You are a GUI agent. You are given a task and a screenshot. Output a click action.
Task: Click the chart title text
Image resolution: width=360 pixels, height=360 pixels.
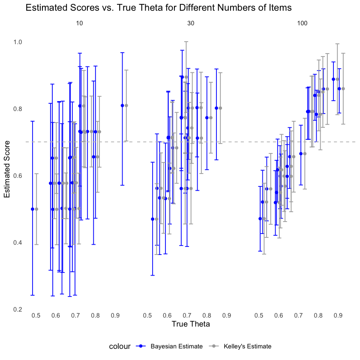click(159, 8)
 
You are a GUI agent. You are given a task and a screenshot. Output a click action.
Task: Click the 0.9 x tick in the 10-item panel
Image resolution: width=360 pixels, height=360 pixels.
click(115, 316)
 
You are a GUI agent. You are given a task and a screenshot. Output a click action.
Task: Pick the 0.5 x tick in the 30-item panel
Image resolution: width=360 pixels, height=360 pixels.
click(147, 316)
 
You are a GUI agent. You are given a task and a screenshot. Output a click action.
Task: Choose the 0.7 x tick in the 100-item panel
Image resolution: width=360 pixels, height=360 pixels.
click(298, 316)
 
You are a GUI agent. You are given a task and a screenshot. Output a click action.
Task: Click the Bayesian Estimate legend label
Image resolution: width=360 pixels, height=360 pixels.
click(171, 346)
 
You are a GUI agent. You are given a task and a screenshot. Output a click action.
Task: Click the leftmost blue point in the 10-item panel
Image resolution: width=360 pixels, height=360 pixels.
click(33, 209)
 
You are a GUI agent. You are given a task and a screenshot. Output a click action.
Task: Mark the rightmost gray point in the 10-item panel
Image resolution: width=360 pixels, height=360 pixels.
click(126, 105)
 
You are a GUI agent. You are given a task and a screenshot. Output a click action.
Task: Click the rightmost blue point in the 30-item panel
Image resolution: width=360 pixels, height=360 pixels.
click(216, 108)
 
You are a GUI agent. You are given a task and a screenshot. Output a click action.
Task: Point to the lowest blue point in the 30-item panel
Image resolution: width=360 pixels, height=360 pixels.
click(153, 219)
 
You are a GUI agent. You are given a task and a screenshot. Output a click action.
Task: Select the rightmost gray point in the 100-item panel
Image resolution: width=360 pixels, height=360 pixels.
click(343, 89)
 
